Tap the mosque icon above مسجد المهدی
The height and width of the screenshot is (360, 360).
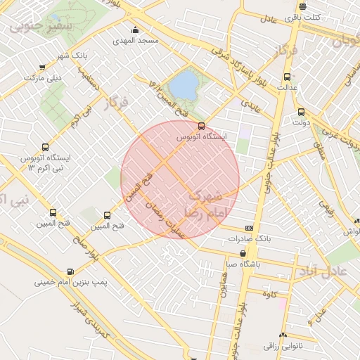pyautogui.click(x=136, y=30)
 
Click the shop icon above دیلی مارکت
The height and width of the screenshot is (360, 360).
pyautogui.click(x=44, y=67)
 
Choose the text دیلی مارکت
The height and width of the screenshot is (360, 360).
pyautogui.click(x=44, y=77)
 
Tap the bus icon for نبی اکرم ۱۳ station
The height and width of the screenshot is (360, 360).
pyautogui.click(x=46, y=148)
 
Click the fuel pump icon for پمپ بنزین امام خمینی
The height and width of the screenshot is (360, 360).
pyautogui.click(x=70, y=271)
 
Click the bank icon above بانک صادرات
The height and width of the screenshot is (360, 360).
pyautogui.click(x=249, y=229)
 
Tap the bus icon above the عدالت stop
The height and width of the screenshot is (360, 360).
pyautogui.click(x=286, y=77)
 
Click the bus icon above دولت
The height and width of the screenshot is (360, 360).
pyautogui.click(x=301, y=112)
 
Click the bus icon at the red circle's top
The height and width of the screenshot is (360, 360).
pyautogui.click(x=202, y=126)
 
